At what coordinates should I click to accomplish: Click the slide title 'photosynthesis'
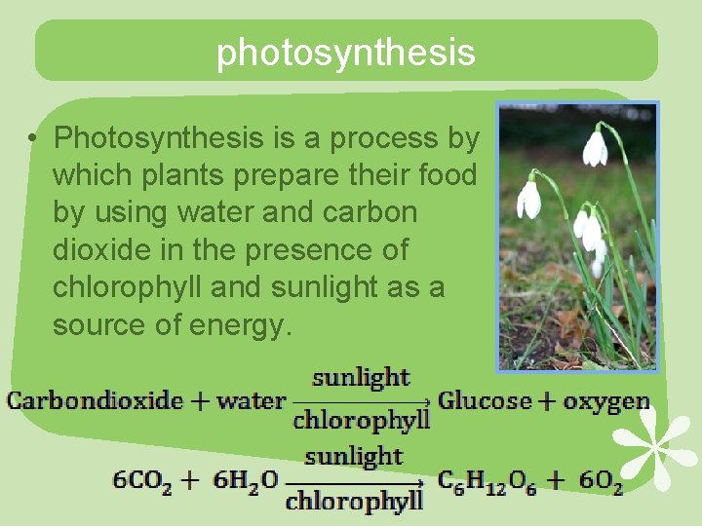345,52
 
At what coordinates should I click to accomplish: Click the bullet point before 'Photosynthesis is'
33,139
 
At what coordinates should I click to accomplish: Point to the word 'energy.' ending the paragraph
239,325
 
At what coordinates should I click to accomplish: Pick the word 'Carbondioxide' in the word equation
95,400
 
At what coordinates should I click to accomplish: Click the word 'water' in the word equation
251,400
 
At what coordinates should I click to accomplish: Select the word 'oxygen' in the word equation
608,400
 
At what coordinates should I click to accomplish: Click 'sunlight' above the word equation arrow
361,378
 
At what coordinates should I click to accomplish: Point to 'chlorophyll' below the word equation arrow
361,421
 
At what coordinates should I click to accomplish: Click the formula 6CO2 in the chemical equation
142,480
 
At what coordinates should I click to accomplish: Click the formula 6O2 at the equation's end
601,480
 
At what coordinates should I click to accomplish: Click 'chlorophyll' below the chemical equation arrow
355,502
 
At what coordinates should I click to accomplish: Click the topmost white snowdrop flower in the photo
595,148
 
